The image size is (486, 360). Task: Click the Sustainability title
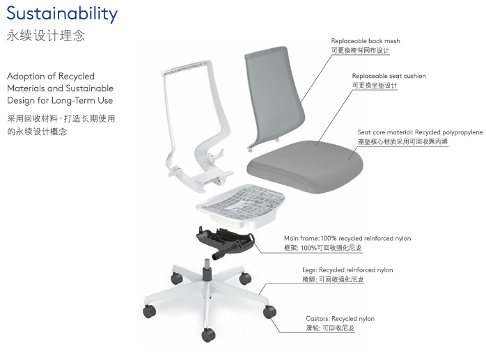tap(62, 14)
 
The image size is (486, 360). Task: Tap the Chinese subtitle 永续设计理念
tap(45, 36)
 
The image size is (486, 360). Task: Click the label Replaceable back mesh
tap(366, 41)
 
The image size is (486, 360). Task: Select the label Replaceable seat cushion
tap(389, 76)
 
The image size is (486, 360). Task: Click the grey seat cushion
tap(305, 166)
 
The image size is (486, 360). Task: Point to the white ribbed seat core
tap(240, 205)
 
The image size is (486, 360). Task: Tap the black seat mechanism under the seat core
tap(226, 242)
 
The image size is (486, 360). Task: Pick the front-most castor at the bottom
tap(208, 334)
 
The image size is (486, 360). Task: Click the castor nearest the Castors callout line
tap(269, 311)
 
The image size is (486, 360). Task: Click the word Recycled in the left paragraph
tap(77, 77)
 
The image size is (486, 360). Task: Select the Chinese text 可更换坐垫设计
tap(375, 86)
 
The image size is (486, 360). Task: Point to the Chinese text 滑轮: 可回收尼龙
tap(330, 328)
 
